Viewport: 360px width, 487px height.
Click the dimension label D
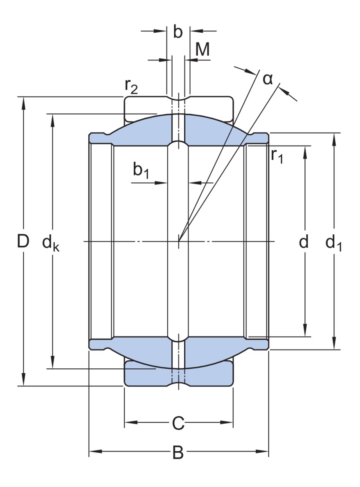pos(23,242)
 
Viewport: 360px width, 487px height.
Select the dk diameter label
pos(51,244)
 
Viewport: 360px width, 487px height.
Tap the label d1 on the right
pos(333,244)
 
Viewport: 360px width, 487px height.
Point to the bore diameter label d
pos(304,242)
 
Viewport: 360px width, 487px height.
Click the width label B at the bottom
pos(178,452)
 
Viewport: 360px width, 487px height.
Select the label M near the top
pos(202,50)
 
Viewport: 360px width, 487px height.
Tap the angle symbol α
pos(268,79)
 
